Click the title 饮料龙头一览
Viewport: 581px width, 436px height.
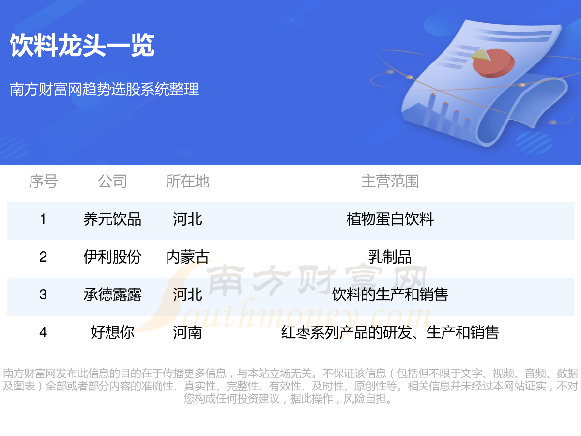[82, 46]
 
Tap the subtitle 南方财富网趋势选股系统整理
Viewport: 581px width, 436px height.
[104, 89]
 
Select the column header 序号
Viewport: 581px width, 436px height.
[43, 181]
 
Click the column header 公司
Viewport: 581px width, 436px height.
[112, 181]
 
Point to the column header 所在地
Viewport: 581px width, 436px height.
[188, 181]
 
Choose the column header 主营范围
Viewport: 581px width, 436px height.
[390, 181]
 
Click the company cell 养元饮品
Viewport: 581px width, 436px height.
[112, 219]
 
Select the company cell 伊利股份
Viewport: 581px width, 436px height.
[112, 257]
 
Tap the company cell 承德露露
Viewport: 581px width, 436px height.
[112, 295]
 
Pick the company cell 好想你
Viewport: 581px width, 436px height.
[112, 332]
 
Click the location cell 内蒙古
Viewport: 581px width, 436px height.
[188, 257]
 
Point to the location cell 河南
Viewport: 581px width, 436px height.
[188, 332]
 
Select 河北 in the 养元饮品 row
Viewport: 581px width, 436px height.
[188, 219]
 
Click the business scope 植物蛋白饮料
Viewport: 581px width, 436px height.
[390, 219]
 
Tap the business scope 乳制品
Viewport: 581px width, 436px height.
[390, 257]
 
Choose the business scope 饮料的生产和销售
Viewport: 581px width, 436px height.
[390, 295]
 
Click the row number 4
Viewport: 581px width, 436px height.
[43, 332]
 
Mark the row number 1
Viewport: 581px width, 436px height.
[43, 219]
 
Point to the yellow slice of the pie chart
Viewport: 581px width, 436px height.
[480, 55]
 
